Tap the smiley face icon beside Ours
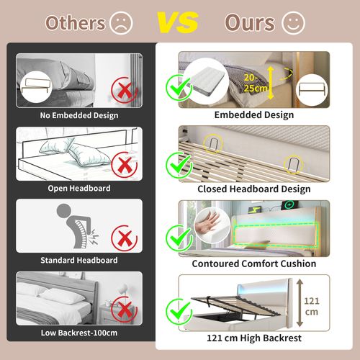click(x=293, y=22)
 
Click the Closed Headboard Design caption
click(x=253, y=189)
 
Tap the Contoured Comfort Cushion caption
click(x=253, y=264)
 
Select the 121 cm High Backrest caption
click(x=253, y=338)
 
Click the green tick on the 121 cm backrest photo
click(x=176, y=311)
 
